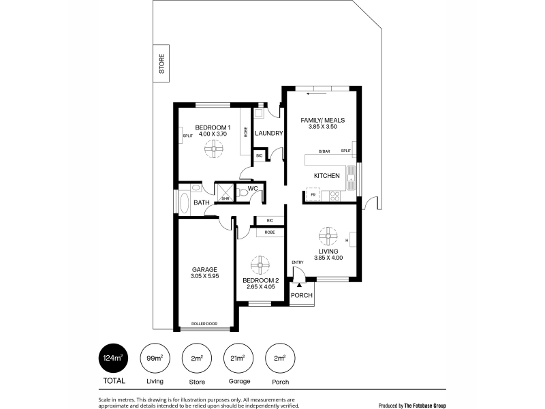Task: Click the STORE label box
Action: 161,63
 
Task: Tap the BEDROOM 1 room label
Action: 213,127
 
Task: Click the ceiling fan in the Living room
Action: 328,237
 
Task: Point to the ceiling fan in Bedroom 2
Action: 260,265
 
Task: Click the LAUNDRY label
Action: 268,133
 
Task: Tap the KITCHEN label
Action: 327,176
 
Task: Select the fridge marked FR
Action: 313,195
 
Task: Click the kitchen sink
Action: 351,178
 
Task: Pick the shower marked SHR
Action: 226,192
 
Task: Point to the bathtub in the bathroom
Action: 184,202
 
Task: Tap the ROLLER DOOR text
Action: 204,324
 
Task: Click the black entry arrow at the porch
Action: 299,285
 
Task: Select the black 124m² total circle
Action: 114,359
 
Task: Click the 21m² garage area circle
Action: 238,359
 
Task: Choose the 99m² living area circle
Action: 155,359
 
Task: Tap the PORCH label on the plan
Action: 302,295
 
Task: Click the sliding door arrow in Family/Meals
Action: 317,93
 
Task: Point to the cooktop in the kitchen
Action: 335,196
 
